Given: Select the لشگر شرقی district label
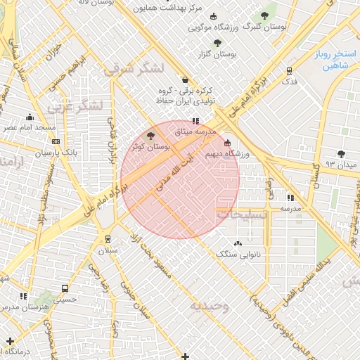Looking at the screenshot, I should [x=133, y=69].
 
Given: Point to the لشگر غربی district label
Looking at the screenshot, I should [x=77, y=105].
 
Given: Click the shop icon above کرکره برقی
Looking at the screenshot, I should [x=185, y=80].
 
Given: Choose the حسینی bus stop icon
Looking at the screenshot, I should [x=65, y=288].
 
